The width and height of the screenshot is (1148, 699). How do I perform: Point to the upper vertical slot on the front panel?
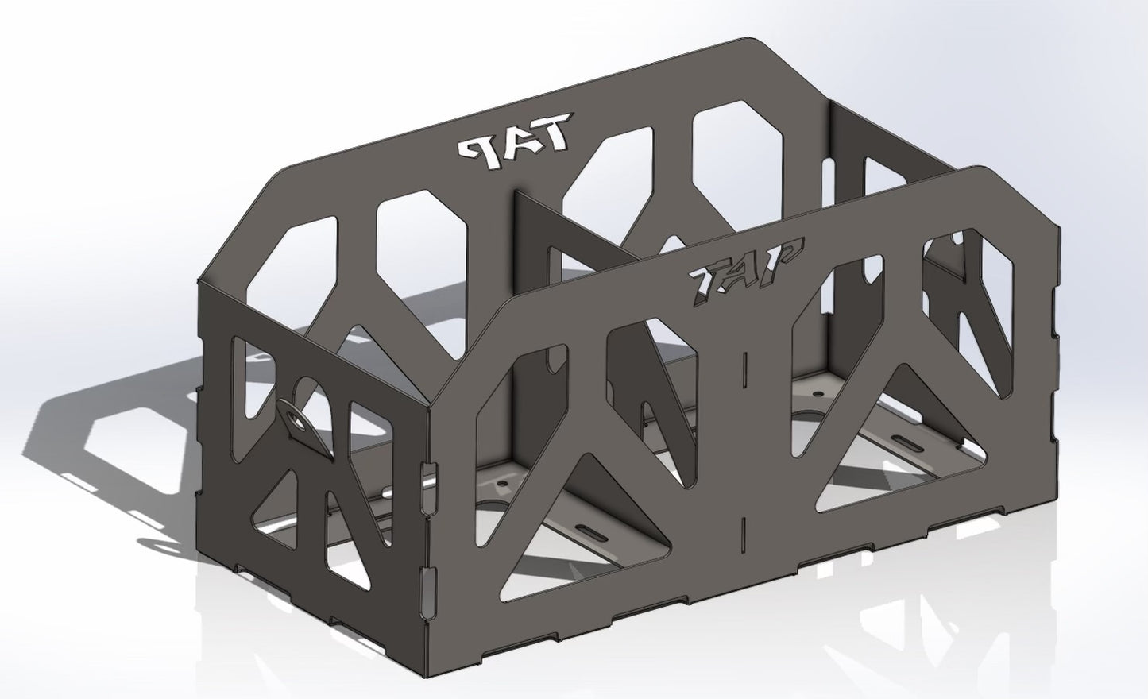click(746, 367)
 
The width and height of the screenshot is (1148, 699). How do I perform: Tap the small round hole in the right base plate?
click(816, 392)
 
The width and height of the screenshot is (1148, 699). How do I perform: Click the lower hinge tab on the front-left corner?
click(429, 581)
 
